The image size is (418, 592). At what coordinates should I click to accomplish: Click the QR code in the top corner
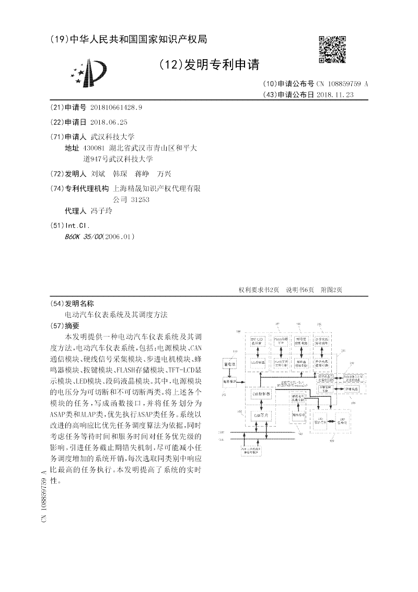coord(332,49)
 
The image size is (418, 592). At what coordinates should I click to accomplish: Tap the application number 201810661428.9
coord(116,107)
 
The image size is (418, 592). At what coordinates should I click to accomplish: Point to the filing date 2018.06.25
coord(109,122)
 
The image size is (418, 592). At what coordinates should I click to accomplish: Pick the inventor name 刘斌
coord(98,173)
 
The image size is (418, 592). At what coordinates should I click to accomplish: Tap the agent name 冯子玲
coord(101,211)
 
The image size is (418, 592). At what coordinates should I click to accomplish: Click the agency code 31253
coord(138,199)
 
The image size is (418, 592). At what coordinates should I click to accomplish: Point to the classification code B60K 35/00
coord(83,236)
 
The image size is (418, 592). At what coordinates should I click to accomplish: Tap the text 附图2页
coord(331,290)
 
